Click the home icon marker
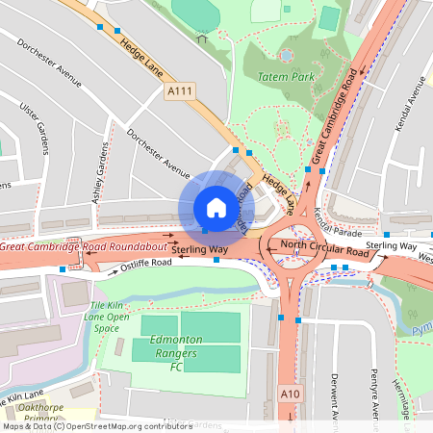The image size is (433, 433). (x=216, y=208)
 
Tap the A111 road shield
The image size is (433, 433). (x=179, y=90)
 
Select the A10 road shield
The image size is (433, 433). (x=292, y=394)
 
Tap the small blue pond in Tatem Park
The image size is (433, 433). (x=286, y=55)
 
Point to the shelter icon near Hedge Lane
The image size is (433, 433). (x=201, y=38)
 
